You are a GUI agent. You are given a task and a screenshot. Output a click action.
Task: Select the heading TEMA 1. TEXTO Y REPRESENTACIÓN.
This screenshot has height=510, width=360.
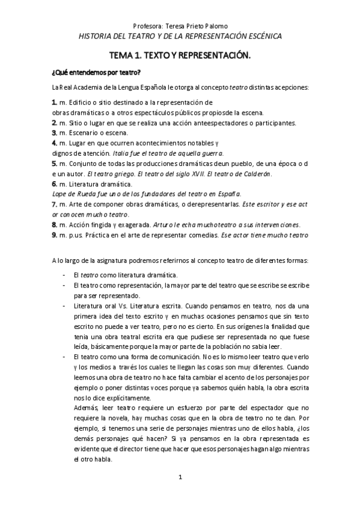coord(180,55)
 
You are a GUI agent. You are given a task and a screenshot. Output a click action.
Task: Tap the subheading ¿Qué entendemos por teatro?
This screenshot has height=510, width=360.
coord(97,73)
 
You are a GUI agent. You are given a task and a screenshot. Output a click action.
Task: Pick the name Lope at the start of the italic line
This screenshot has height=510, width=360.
coord(59,193)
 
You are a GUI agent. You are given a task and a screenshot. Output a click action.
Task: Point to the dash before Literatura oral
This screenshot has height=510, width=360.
coord(65,306)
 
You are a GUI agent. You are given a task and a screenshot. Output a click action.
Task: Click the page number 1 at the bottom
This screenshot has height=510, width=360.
coord(180,478)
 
